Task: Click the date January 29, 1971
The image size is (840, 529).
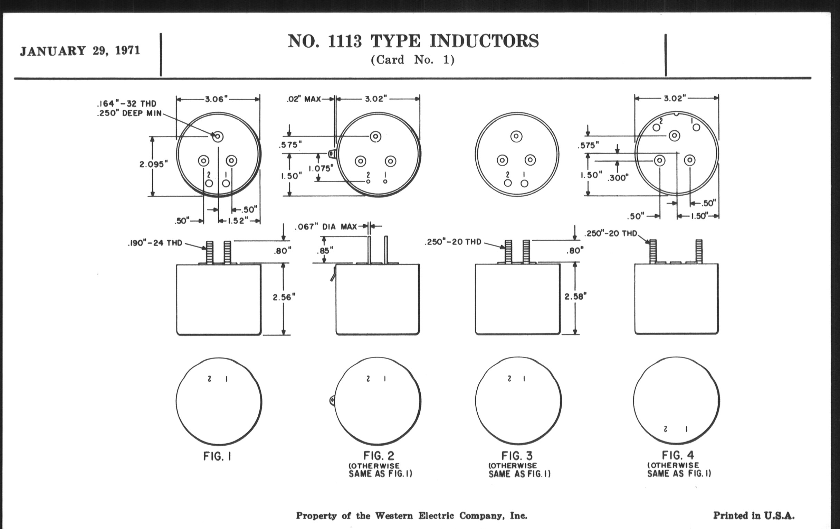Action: [80, 51]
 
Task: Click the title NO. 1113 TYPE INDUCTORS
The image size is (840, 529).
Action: [413, 41]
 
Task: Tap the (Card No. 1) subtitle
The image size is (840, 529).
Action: [413, 60]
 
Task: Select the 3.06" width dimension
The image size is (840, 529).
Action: [216, 100]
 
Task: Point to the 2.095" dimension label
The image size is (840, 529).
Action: [154, 164]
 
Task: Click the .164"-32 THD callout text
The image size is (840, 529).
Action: [127, 104]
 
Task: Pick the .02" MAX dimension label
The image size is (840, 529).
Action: [304, 99]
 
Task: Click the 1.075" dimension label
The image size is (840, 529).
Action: [321, 168]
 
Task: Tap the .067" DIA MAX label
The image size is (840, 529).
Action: [326, 227]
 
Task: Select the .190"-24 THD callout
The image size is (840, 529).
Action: [155, 243]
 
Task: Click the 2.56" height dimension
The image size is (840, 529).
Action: [284, 297]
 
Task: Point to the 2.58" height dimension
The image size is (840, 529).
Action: [575, 296]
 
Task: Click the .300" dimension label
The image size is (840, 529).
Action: [618, 178]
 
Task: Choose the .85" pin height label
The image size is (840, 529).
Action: [325, 250]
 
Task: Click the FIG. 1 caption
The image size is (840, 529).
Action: [217, 456]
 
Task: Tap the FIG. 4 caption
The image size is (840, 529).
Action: [678, 455]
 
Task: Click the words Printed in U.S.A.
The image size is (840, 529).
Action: [754, 516]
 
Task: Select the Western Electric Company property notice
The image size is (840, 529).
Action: [412, 516]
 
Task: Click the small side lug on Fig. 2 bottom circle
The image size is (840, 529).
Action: [332, 400]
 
